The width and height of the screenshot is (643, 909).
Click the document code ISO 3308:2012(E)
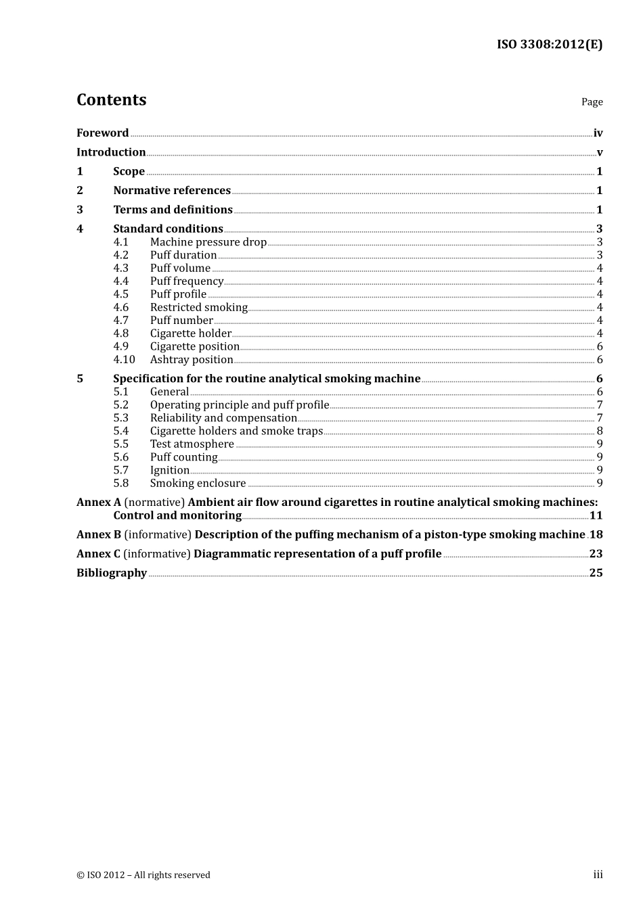[549, 45]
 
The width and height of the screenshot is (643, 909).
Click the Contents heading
[111, 100]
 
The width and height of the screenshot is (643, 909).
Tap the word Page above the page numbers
[592, 102]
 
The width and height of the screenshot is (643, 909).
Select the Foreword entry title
[102, 133]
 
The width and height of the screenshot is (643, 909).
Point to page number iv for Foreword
[598, 133]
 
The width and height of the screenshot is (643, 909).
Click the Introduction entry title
[111, 152]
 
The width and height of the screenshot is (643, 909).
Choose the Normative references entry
[172, 191]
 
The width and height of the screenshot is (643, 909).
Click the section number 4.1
[120, 242]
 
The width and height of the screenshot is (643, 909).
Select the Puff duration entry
[183, 255]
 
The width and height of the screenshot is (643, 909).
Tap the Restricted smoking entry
[199, 307]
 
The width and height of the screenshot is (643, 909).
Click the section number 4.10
[124, 360]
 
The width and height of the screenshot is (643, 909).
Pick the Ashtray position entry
[192, 360]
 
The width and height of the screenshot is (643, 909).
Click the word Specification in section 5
[148, 379]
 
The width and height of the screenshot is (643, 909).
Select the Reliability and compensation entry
[223, 418]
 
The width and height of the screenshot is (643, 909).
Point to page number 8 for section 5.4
[600, 431]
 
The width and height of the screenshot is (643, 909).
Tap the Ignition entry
[170, 470]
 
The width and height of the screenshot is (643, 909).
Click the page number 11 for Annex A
[596, 515]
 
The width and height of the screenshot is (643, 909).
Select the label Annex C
[98, 554]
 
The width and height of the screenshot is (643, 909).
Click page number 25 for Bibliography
[596, 573]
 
